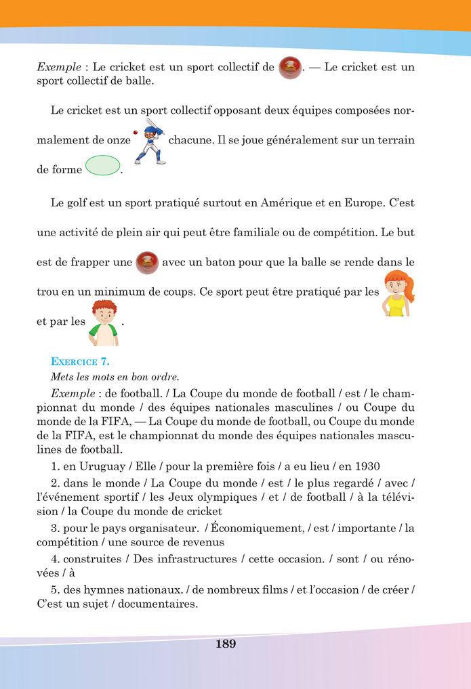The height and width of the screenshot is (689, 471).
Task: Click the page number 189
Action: coord(226,644)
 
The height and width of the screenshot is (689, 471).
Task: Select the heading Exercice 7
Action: coord(80,361)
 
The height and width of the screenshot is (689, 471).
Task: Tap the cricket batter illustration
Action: coord(149,141)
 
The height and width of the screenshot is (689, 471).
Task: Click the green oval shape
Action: coord(103,165)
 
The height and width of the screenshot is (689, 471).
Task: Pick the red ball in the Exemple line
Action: coord(290,67)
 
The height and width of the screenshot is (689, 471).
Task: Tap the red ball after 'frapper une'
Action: coord(147,262)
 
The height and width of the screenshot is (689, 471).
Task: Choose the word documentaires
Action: coord(164,604)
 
